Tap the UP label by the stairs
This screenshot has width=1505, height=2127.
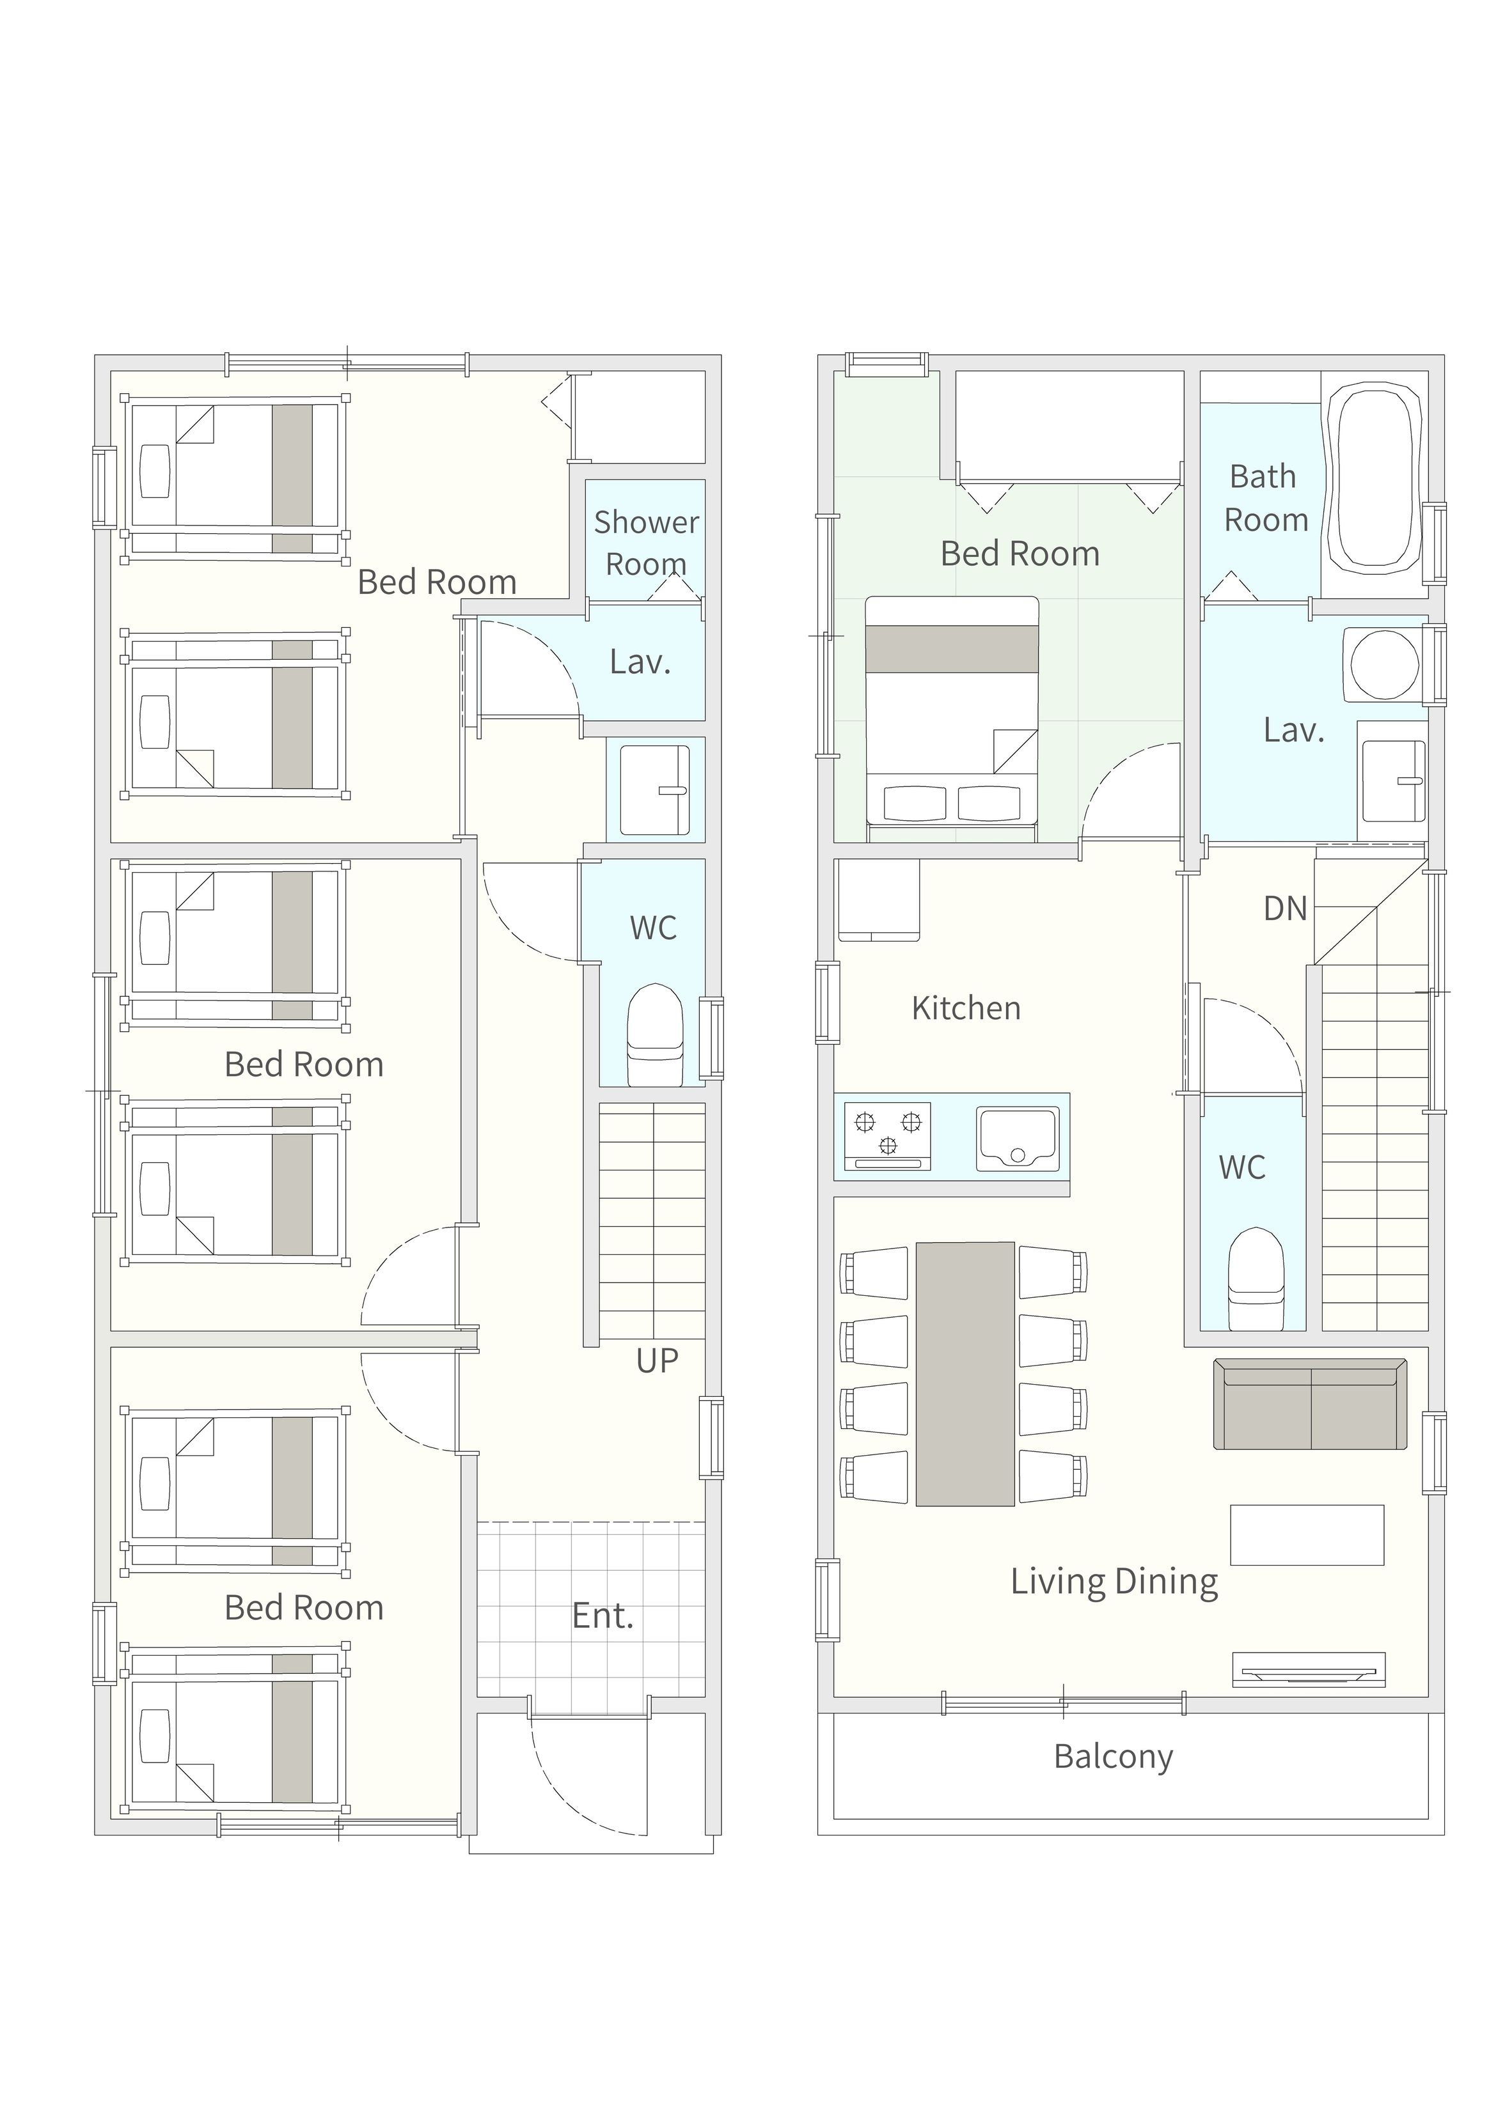(657, 1361)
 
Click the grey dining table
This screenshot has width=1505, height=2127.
(965, 1374)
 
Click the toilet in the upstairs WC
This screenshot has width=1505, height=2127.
(1256, 1279)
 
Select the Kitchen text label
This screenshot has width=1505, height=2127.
(966, 1008)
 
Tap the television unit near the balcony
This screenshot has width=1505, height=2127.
(1309, 1669)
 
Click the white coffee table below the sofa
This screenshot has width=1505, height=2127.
(1307, 1535)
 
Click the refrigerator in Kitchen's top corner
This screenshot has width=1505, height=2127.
(879, 900)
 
